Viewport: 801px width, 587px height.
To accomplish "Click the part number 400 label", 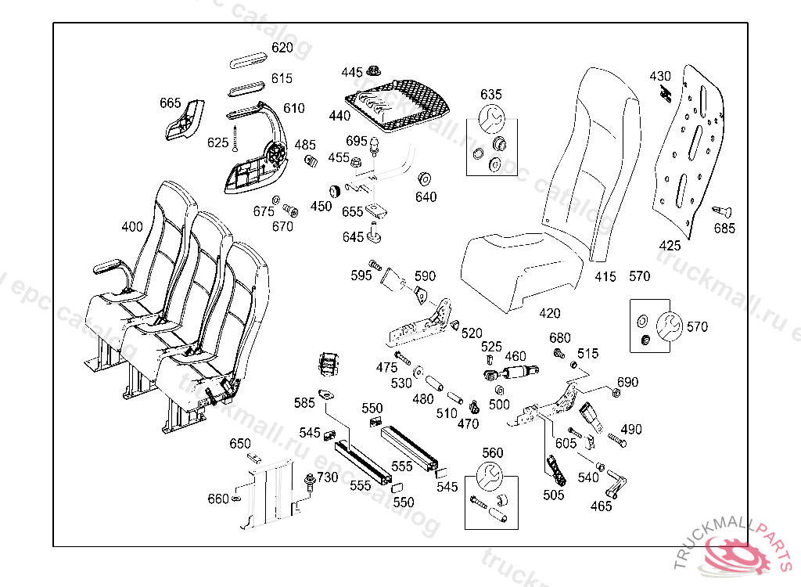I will click(x=132, y=227).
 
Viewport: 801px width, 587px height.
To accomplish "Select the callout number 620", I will click(x=282, y=48).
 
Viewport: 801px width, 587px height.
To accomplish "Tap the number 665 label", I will click(x=170, y=103).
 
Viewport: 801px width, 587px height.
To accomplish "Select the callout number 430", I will click(x=660, y=76).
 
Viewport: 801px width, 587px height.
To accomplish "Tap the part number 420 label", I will click(x=550, y=314).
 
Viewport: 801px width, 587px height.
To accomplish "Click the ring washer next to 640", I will click(x=426, y=177).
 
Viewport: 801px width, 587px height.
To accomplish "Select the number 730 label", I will click(x=327, y=477).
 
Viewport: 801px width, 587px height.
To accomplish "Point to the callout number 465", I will click(x=601, y=506).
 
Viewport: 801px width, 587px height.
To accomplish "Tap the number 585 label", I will click(x=304, y=403).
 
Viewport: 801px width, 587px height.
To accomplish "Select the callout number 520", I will click(x=472, y=333).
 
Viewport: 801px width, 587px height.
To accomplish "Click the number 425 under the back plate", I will click(x=670, y=246).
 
